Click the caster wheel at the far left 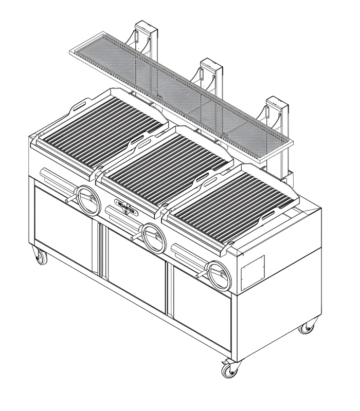40,256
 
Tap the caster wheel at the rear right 310,327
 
